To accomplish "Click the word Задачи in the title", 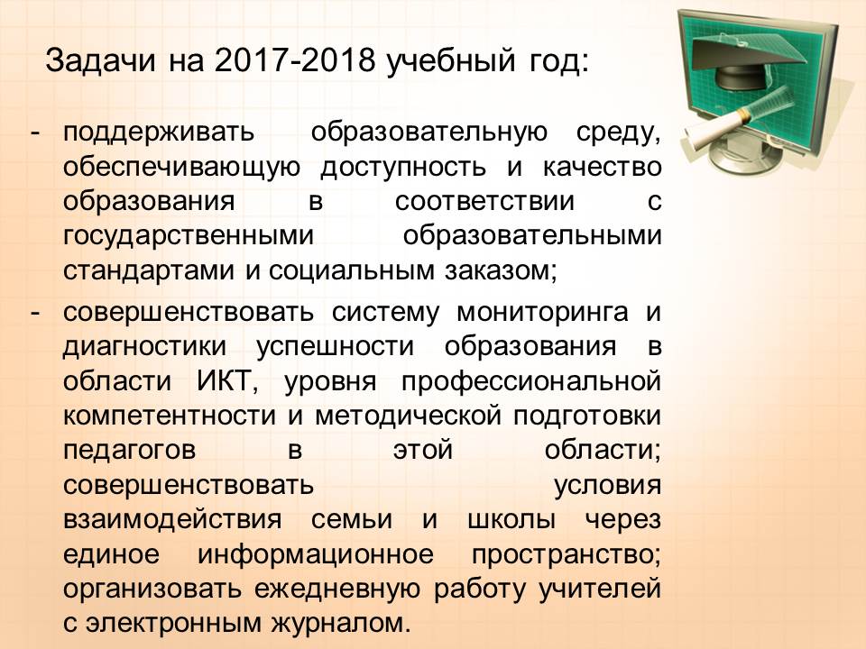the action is click(x=100, y=60).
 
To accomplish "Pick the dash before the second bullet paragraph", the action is click(x=35, y=314).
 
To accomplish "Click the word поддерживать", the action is click(x=159, y=133).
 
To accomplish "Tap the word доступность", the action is click(x=403, y=168).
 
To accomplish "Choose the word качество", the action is click(x=602, y=168).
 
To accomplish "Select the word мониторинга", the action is click(x=542, y=313).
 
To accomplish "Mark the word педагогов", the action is click(x=129, y=451).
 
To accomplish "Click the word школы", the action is click(x=511, y=520).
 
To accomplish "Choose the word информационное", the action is click(x=316, y=554).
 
